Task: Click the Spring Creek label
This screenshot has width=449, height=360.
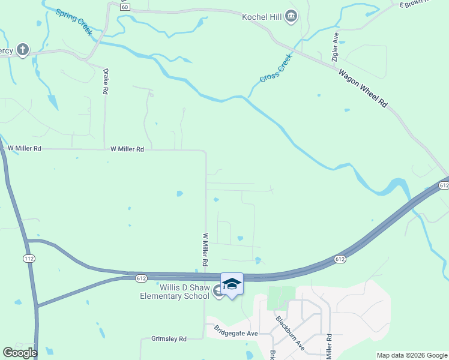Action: pyautogui.click(x=74, y=22)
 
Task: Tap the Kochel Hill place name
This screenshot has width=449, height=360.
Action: pyautogui.click(x=262, y=16)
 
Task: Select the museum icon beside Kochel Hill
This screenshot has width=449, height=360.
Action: pyautogui.click(x=291, y=16)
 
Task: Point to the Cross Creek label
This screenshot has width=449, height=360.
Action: pyautogui.click(x=276, y=70)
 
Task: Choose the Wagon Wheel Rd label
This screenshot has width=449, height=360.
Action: pyautogui.click(x=364, y=88)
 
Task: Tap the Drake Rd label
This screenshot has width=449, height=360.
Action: pyautogui.click(x=106, y=82)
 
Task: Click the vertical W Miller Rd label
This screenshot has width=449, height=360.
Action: pyautogui.click(x=205, y=250)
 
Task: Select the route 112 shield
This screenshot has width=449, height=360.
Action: pyautogui.click(x=29, y=258)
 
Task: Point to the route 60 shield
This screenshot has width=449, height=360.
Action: pyautogui.click(x=124, y=7)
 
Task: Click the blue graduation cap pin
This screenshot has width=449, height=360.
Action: pyautogui.click(x=232, y=284)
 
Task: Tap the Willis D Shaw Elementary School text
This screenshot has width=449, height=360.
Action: pyautogui.click(x=175, y=291)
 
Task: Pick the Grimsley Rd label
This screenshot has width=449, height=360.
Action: pyautogui.click(x=169, y=338)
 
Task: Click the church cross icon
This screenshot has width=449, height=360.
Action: pyautogui.click(x=23, y=50)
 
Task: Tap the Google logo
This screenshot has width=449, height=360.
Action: pyautogui.click(x=20, y=353)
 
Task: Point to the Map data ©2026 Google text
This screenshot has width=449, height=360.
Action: pyautogui.click(x=411, y=355)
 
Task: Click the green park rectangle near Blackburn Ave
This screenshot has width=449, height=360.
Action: pyautogui.click(x=282, y=298)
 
